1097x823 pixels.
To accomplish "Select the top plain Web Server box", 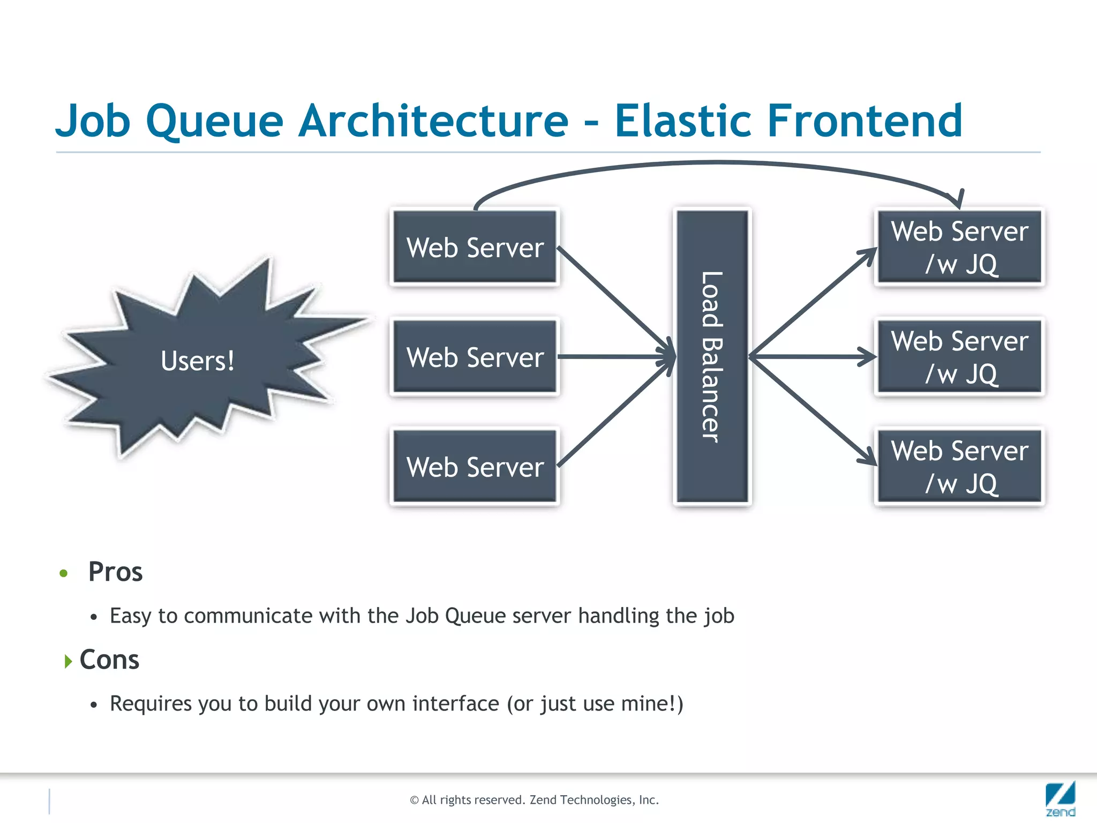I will coord(475,247).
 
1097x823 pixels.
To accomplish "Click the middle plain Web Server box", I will coord(475,357).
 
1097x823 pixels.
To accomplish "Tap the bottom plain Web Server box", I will coord(475,467).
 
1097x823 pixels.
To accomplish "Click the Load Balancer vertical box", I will coord(712,356).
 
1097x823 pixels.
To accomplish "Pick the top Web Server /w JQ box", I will coord(959,247).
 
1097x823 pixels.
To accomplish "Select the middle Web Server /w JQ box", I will coord(959,357).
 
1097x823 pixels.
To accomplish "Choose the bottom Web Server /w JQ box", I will coord(959,467).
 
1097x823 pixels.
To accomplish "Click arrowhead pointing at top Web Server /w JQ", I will coord(869,254).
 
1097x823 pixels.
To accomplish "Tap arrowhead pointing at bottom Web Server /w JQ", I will coord(869,458).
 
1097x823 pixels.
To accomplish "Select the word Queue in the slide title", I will coord(214,122).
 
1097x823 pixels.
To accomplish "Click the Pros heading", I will coord(115,572).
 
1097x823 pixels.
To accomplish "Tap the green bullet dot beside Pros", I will coord(64,573).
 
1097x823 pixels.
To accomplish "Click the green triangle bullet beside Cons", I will coord(68,661).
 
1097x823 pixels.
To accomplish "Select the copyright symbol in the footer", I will coord(414,800).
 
